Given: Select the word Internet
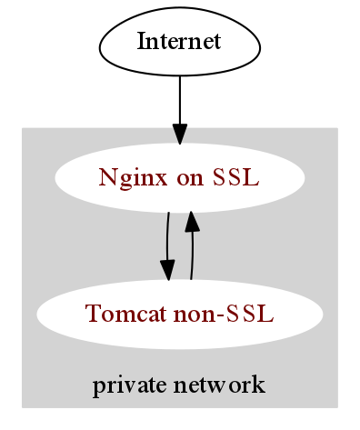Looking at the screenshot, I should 179,41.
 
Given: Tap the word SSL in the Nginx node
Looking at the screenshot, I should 235,177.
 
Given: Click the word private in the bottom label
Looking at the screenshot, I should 122,385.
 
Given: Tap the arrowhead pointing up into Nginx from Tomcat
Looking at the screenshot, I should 192,221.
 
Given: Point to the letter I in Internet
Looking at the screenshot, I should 140,41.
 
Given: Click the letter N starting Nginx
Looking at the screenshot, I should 105,177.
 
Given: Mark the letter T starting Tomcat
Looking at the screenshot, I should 90,314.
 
